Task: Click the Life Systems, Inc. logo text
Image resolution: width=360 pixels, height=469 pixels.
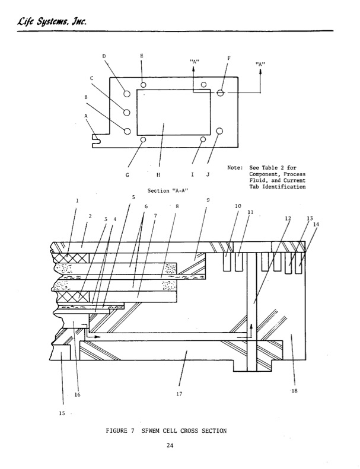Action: coord(52,21)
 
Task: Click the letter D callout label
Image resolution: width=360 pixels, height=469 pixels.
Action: coord(104,56)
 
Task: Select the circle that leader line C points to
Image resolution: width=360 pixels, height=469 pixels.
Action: coord(126,113)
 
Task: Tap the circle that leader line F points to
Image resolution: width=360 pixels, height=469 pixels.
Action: coord(221,92)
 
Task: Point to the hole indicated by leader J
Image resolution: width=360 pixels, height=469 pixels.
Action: coord(219,131)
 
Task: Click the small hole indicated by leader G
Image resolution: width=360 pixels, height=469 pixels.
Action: coord(143,139)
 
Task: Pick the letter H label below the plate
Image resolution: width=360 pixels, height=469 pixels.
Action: coord(158,175)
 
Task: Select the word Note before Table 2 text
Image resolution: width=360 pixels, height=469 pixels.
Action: coord(235,167)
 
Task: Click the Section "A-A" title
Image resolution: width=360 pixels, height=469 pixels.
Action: coord(168,191)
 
